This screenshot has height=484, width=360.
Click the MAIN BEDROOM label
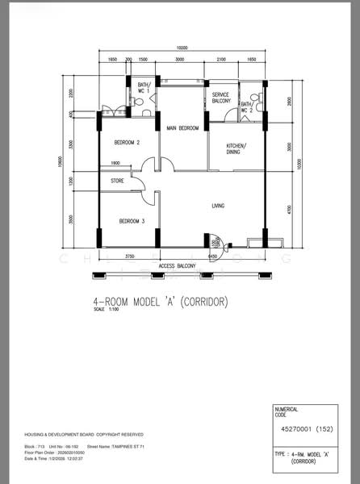183,128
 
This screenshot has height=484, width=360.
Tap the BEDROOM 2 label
127,143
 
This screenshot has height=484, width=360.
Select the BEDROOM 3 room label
132,221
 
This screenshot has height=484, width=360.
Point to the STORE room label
118,181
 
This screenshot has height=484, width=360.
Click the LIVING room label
218,207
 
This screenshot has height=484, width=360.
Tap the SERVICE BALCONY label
222,98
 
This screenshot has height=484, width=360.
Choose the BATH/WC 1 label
144,88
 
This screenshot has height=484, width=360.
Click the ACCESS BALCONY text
178,265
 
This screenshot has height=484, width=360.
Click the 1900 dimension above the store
115,163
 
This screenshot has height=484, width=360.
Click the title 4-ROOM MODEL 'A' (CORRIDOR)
161,302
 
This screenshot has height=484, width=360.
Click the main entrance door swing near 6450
215,242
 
